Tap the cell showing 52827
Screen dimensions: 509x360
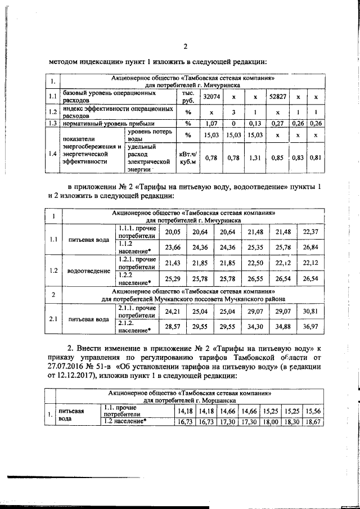pyautogui.click(x=278, y=97)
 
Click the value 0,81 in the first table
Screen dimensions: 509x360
pyautogui.click(x=316, y=158)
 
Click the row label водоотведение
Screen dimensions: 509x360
pyautogui.click(x=89, y=271)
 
